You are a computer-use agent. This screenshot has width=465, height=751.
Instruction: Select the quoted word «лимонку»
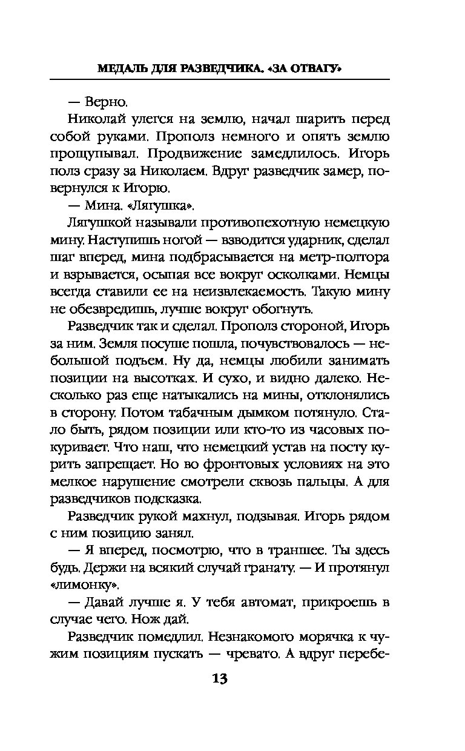click(94, 585)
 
